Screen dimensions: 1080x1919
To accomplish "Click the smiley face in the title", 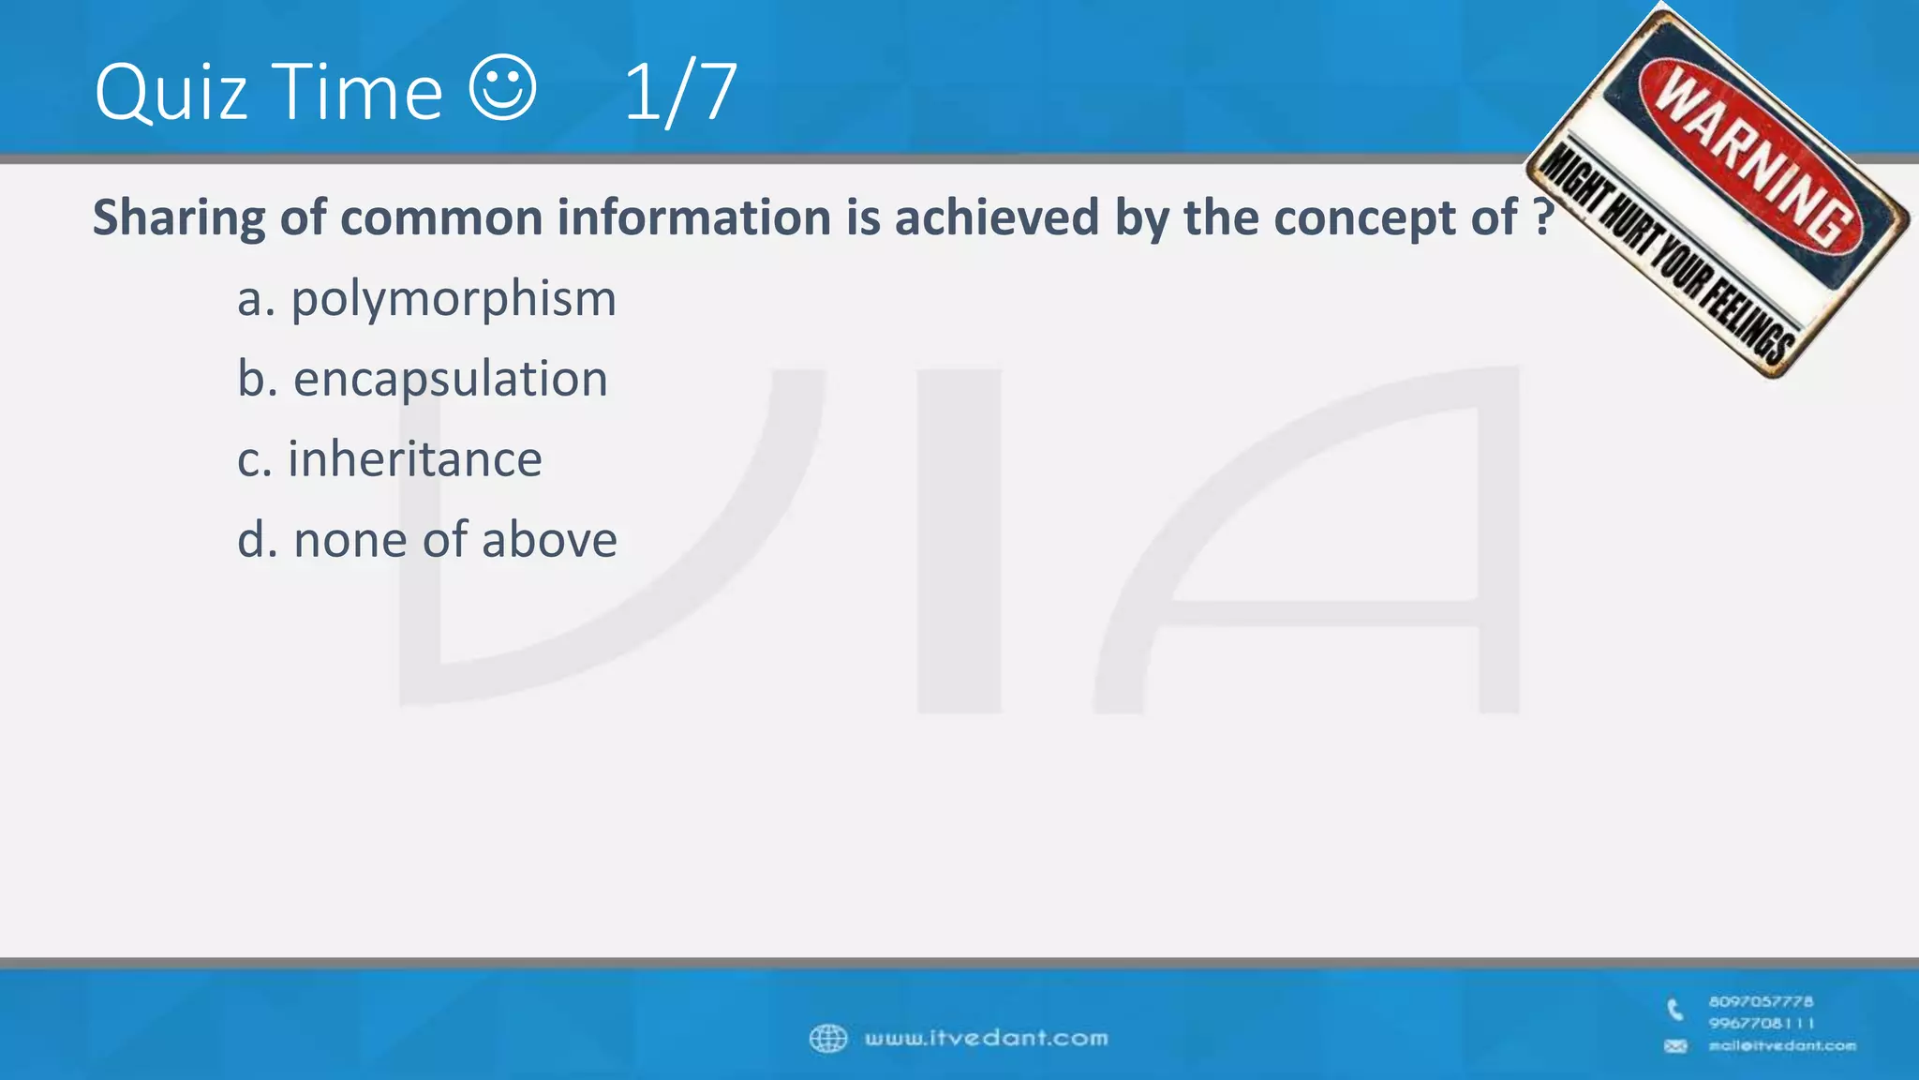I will point(502,88).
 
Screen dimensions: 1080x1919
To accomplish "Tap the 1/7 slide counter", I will point(680,92).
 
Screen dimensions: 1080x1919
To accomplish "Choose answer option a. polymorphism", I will point(426,299).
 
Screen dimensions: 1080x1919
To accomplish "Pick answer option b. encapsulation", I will point(422,379).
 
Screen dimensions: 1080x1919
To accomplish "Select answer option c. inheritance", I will point(389,459).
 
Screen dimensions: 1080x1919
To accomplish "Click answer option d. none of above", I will point(426,540).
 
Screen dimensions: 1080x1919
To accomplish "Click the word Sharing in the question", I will point(179,218).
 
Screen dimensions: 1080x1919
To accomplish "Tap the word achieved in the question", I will point(997,217).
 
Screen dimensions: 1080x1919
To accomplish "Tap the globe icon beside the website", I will point(827,1039).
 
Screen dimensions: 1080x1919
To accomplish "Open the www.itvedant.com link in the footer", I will point(986,1039).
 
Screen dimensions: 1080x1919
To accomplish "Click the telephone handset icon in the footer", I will point(1675,1010).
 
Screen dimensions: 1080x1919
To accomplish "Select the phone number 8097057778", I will point(1761,1001).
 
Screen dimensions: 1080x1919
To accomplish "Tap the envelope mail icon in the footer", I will point(1675,1046).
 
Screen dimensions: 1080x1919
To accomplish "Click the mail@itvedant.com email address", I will point(1781,1046).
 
